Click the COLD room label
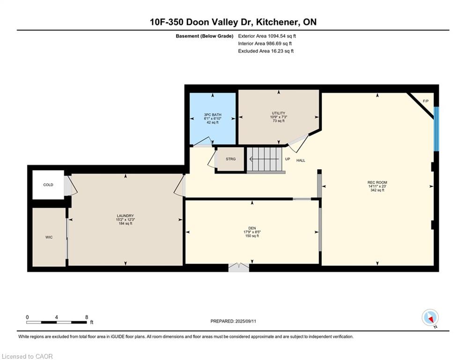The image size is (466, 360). [x=48, y=185]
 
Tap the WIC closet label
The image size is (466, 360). [x=49, y=237]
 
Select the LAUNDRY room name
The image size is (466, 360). [x=125, y=216]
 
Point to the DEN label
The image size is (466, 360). [x=252, y=228]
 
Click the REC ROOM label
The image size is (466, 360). [x=377, y=182]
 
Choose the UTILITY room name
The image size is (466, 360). [x=279, y=113]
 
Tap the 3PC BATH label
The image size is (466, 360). [x=213, y=114]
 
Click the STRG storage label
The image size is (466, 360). [x=230, y=159]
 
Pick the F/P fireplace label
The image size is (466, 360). [x=426, y=101]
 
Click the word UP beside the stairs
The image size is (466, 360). [x=288, y=159]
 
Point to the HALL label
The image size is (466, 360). [x=301, y=160]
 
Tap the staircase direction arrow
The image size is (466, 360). [x=264, y=159]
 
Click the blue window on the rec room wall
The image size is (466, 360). [x=436, y=129]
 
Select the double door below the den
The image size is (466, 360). [x=239, y=267]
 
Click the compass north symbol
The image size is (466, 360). [x=430, y=318]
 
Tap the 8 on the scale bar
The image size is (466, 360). [x=87, y=317]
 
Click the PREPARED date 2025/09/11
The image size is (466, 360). [x=245, y=321]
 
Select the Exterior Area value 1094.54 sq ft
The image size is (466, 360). [x=282, y=36]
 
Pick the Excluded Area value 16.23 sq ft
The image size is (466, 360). [x=282, y=51]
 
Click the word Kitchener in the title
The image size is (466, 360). [x=278, y=22]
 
